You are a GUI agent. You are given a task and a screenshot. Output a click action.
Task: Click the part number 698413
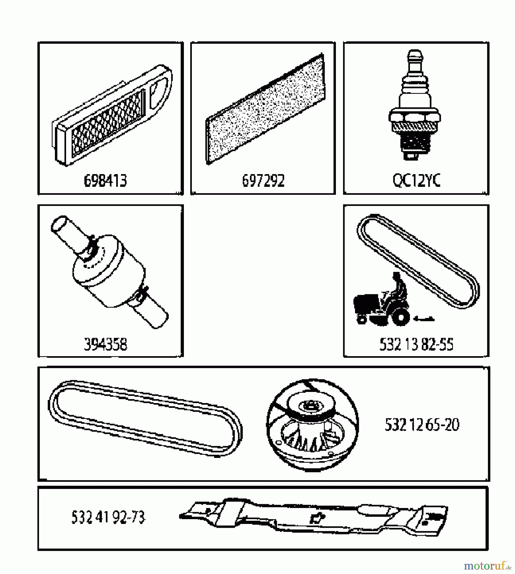[x=105, y=180]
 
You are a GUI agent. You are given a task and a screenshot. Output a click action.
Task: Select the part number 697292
[x=263, y=180]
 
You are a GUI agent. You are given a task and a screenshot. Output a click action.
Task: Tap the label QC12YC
[x=416, y=180]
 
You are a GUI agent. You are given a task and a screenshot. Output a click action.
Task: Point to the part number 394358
[x=105, y=344]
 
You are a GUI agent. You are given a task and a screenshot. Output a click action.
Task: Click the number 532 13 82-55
[x=416, y=344]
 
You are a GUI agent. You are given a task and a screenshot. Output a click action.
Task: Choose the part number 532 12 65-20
[x=422, y=425]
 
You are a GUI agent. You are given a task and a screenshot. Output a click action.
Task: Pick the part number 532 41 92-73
[x=108, y=517]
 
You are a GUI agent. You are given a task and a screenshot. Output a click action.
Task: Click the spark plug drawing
[x=414, y=105]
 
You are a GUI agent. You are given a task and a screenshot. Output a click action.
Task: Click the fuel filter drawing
[x=109, y=272]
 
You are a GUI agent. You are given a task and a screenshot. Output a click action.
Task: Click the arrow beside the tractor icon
[x=423, y=318]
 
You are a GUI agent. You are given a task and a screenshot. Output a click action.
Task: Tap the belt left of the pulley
[x=145, y=418]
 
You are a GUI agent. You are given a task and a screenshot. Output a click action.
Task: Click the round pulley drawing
[x=312, y=425]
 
